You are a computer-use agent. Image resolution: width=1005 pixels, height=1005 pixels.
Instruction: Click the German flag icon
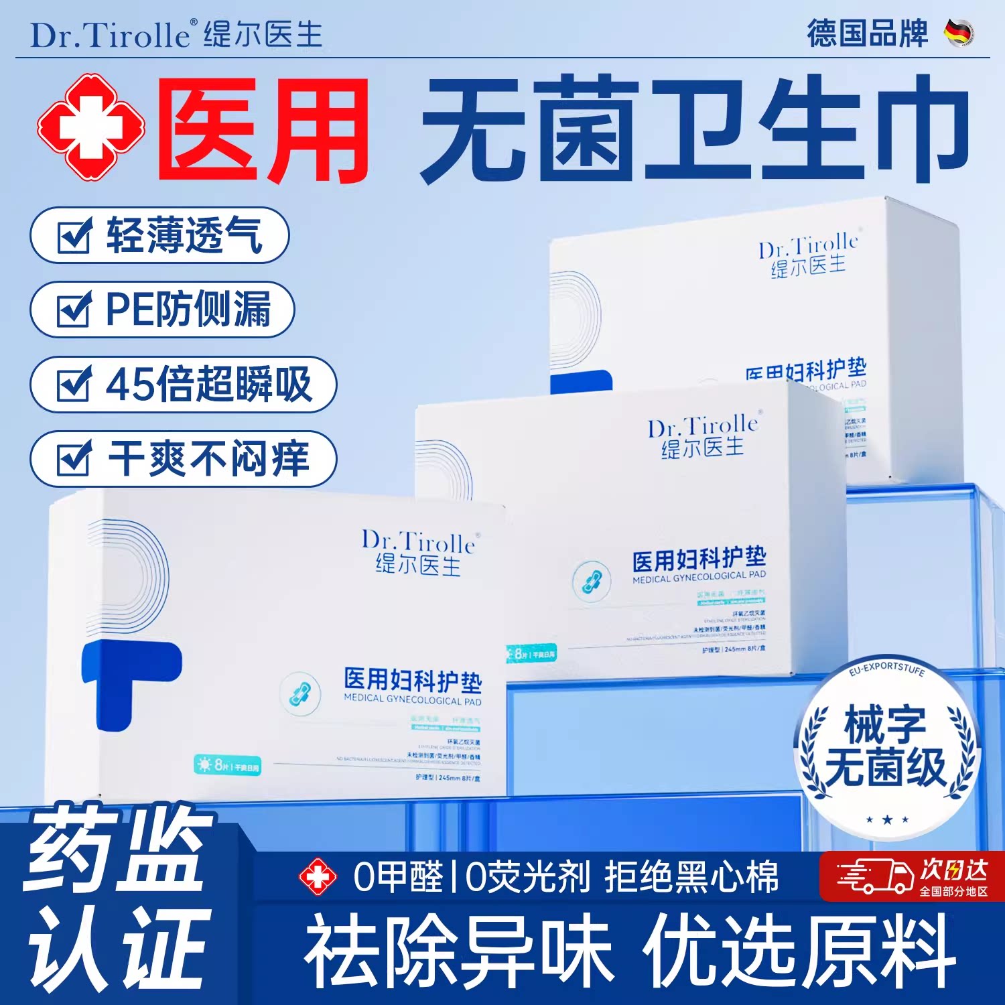(x=959, y=33)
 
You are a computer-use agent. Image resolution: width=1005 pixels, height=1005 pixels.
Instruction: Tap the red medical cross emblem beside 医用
(x=90, y=127)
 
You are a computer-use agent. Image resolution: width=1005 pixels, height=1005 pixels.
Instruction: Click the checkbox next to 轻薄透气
(x=74, y=236)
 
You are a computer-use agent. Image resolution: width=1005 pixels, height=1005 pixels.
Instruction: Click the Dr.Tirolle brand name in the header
(x=111, y=35)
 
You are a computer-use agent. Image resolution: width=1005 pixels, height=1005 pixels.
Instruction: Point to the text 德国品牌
(x=867, y=33)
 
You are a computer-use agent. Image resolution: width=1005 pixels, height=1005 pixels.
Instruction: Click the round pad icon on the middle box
(x=592, y=580)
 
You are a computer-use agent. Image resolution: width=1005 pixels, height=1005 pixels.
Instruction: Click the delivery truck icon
(x=874, y=876)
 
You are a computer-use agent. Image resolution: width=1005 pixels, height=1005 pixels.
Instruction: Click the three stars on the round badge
(x=887, y=819)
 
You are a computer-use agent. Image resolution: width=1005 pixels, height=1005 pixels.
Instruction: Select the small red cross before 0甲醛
(x=318, y=878)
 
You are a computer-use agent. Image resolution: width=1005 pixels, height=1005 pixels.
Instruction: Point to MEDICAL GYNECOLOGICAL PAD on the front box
(x=412, y=700)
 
